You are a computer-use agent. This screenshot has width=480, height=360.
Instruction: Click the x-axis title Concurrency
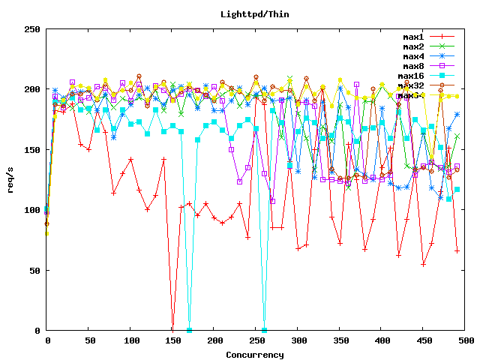pyautogui.click(x=255, y=354)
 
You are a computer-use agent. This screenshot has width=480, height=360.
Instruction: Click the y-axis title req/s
pyautogui.click(x=11, y=179)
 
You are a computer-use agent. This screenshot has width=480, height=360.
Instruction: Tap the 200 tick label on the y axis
pyautogui.click(x=31, y=89)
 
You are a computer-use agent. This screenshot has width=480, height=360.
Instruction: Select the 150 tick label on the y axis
pyautogui.click(x=31, y=149)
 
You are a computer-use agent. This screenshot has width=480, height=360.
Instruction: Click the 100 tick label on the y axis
pyautogui.click(x=31, y=210)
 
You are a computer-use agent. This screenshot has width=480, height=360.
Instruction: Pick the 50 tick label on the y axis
pyautogui.click(x=34, y=270)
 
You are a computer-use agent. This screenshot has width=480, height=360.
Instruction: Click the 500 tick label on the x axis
pyautogui.click(x=466, y=340)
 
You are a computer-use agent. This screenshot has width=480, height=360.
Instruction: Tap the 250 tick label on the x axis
pyautogui.click(x=256, y=340)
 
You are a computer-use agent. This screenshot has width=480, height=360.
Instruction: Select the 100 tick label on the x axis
pyautogui.click(x=130, y=340)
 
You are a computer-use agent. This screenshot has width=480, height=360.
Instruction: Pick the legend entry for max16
pyautogui.click(x=411, y=76)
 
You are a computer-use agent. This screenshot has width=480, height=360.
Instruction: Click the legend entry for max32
pyautogui.click(x=411, y=85)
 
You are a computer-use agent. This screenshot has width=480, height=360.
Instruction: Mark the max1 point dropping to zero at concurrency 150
pyautogui.click(x=172, y=330)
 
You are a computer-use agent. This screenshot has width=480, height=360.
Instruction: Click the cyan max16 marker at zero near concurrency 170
pyautogui.click(x=189, y=330)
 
